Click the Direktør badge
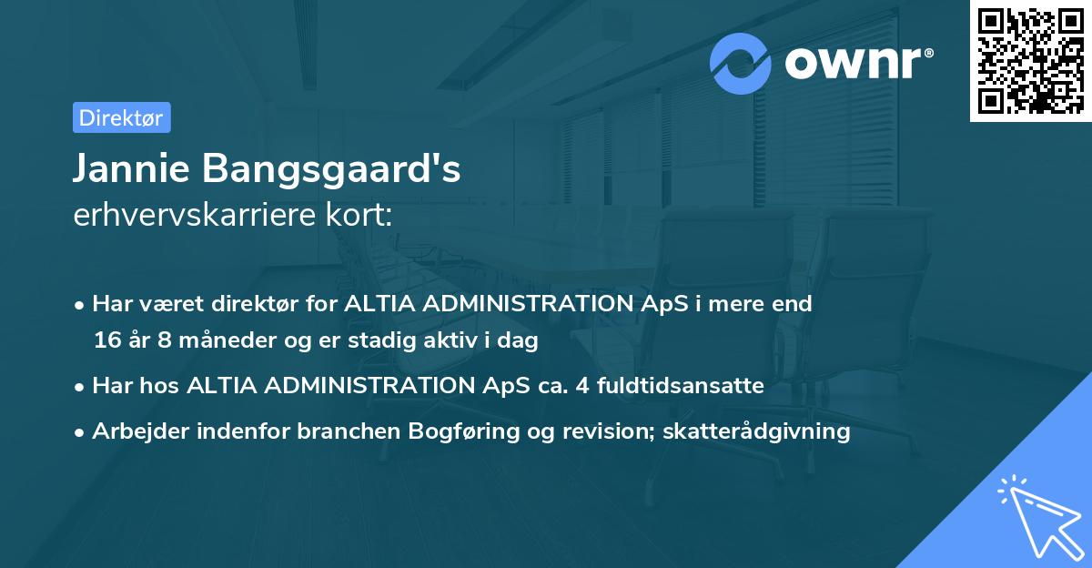tap(121, 117)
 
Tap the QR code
tap(1030, 61)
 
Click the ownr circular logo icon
tap(741, 64)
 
